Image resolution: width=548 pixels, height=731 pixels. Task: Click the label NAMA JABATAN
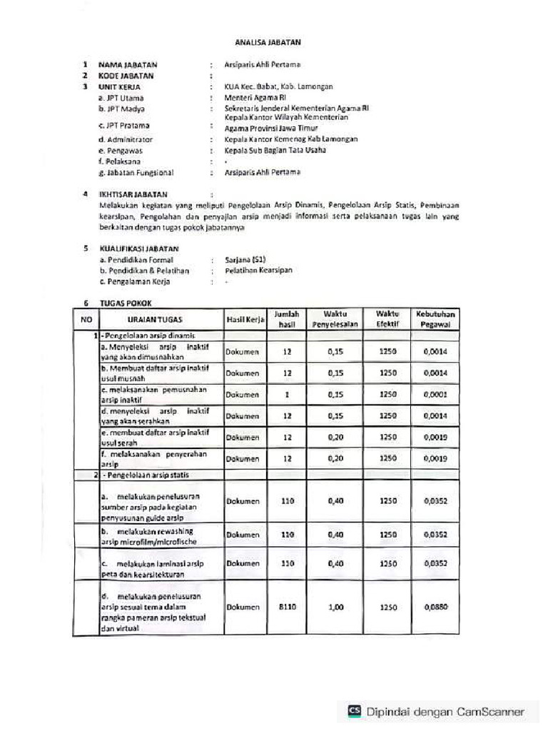coord(128,65)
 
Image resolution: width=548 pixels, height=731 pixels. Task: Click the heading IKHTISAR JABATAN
coord(133,193)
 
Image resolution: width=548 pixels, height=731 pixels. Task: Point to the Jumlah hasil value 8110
coord(288,608)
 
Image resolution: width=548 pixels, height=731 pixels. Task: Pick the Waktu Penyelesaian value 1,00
coord(335,608)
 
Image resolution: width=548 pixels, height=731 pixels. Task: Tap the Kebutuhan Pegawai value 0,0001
coord(435,394)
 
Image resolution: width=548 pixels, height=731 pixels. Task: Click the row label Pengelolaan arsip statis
coord(147,474)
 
